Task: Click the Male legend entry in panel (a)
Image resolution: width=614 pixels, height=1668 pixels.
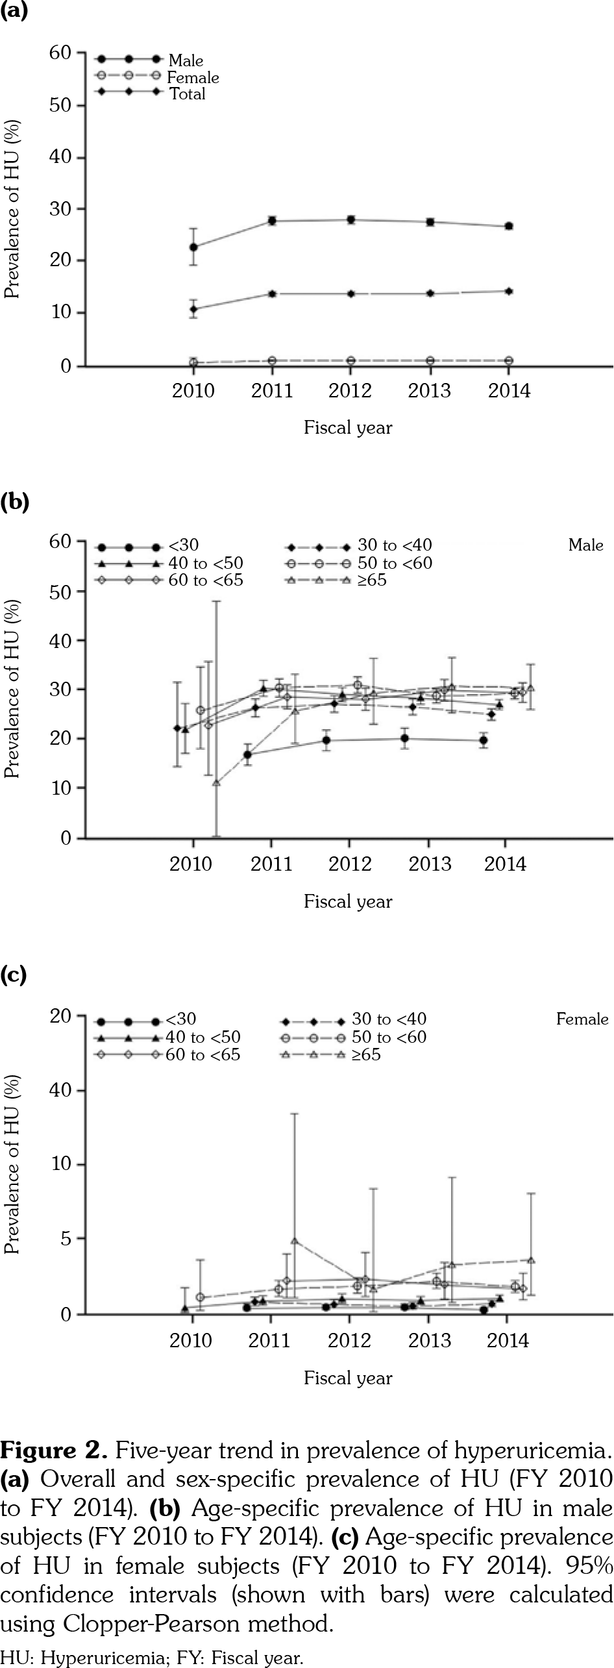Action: point(185,60)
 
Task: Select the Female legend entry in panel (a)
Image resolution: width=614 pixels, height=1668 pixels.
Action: point(193,77)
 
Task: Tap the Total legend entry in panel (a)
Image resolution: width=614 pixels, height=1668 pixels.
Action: point(187,94)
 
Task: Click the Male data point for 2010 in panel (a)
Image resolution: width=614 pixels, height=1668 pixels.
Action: point(193,247)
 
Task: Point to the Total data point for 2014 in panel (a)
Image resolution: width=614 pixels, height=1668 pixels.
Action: point(509,292)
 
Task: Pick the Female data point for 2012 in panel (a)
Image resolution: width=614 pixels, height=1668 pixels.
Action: point(350,360)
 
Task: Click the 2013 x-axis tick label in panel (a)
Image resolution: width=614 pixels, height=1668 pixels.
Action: point(430,391)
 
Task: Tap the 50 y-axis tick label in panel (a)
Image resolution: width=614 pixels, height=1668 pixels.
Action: point(60,105)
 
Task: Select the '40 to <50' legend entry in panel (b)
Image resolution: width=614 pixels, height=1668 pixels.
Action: point(205,563)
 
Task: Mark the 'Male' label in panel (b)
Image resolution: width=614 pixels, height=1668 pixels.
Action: point(585,545)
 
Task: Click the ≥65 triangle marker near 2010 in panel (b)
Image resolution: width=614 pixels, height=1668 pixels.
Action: point(217,782)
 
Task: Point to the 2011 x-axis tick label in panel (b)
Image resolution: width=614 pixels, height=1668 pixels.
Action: point(271,864)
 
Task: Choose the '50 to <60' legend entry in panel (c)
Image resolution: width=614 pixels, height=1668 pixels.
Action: point(389,1037)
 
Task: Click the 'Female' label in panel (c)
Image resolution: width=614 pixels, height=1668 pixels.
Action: point(582,1019)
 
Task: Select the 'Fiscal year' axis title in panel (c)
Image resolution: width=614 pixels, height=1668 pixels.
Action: point(348,1378)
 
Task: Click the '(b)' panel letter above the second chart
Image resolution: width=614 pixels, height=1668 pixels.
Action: point(14,503)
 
